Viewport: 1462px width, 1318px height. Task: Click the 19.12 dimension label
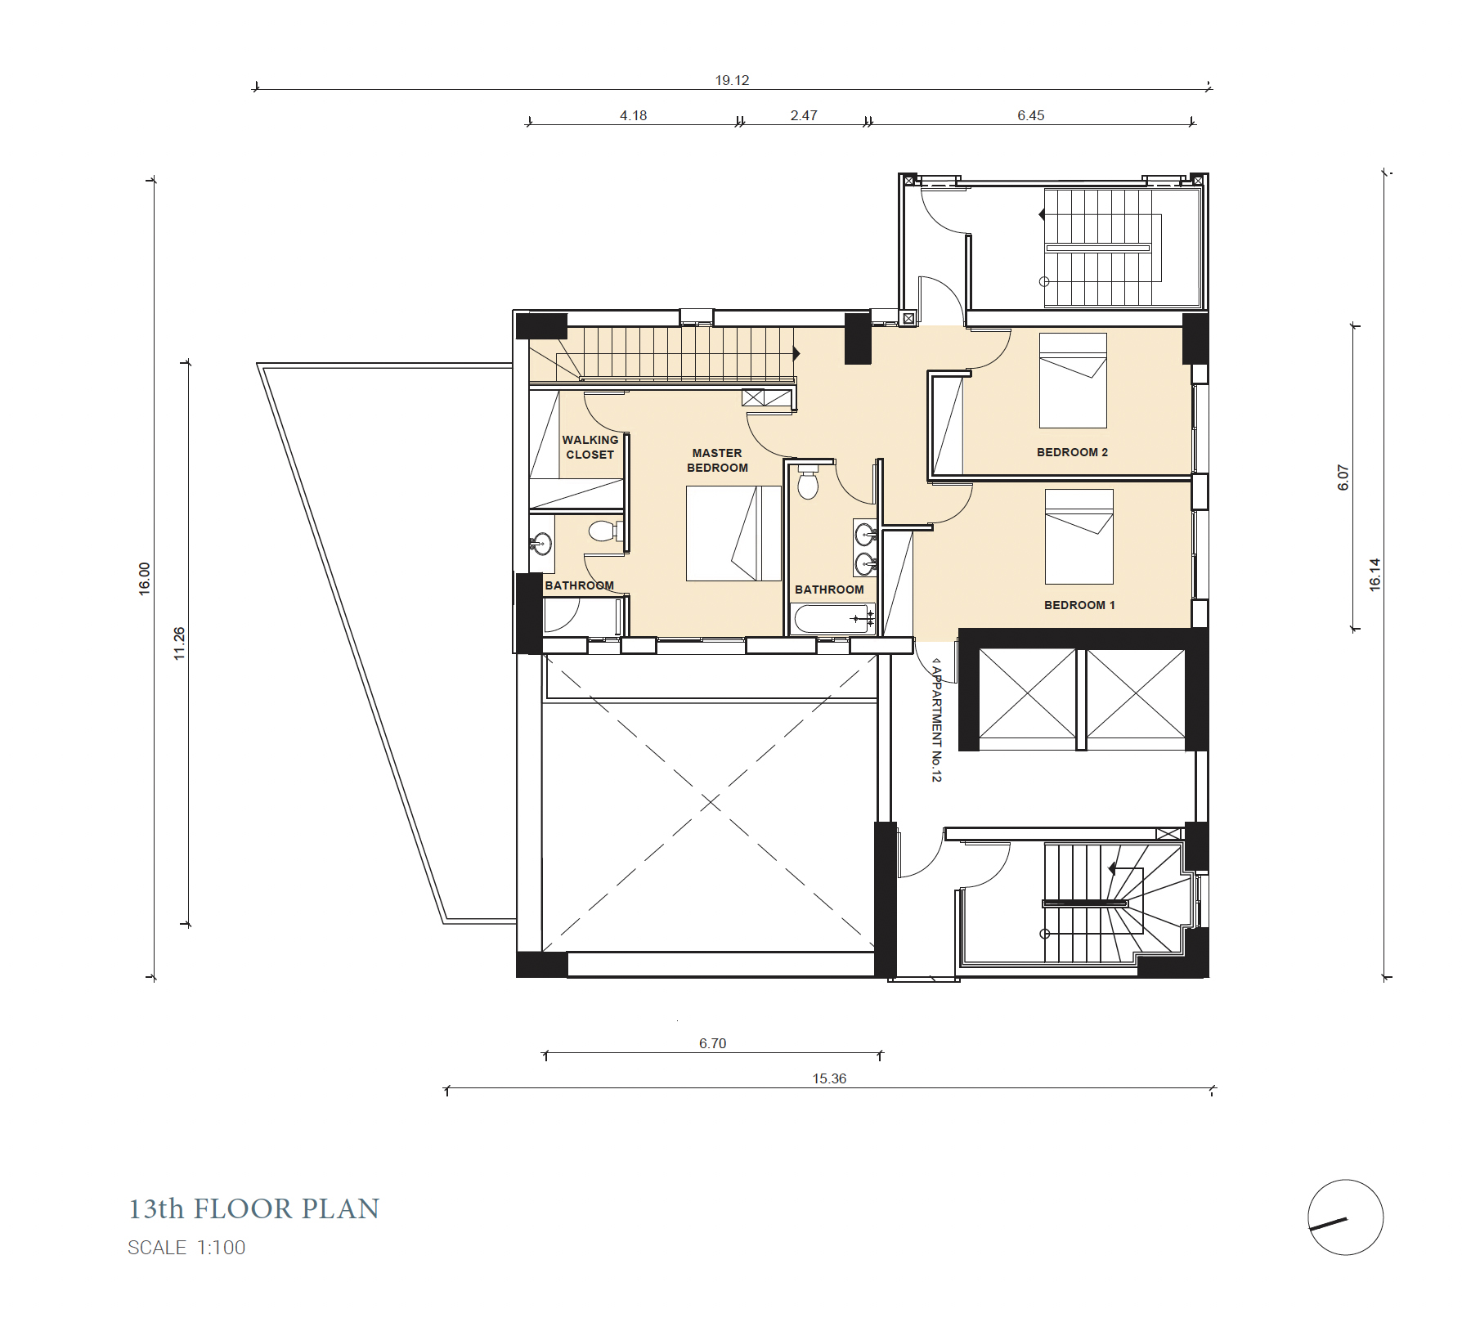click(732, 80)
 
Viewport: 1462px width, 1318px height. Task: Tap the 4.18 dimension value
click(633, 115)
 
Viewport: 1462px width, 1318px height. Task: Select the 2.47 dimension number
click(804, 115)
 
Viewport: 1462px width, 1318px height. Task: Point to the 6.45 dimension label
click(1030, 115)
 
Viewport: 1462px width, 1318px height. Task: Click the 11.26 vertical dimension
click(179, 643)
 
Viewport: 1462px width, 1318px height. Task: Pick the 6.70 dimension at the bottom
click(712, 1043)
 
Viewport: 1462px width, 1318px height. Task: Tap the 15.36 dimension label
click(829, 1078)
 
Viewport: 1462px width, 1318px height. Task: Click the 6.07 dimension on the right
click(1343, 477)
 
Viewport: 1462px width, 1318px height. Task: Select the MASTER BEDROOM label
click(717, 460)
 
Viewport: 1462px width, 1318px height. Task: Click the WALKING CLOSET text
click(590, 447)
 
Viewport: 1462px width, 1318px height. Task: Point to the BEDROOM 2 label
click(1072, 452)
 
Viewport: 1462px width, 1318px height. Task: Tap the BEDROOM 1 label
click(1079, 605)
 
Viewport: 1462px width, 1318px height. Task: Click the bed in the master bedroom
click(733, 533)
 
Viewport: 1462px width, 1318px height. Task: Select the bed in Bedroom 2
click(1073, 380)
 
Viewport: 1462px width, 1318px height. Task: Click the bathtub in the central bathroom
click(832, 619)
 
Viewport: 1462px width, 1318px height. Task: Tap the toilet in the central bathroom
click(808, 482)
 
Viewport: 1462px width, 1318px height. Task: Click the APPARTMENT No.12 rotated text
click(937, 720)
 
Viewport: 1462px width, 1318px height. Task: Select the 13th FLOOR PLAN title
click(254, 1209)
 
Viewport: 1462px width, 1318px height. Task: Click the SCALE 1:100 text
click(186, 1248)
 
